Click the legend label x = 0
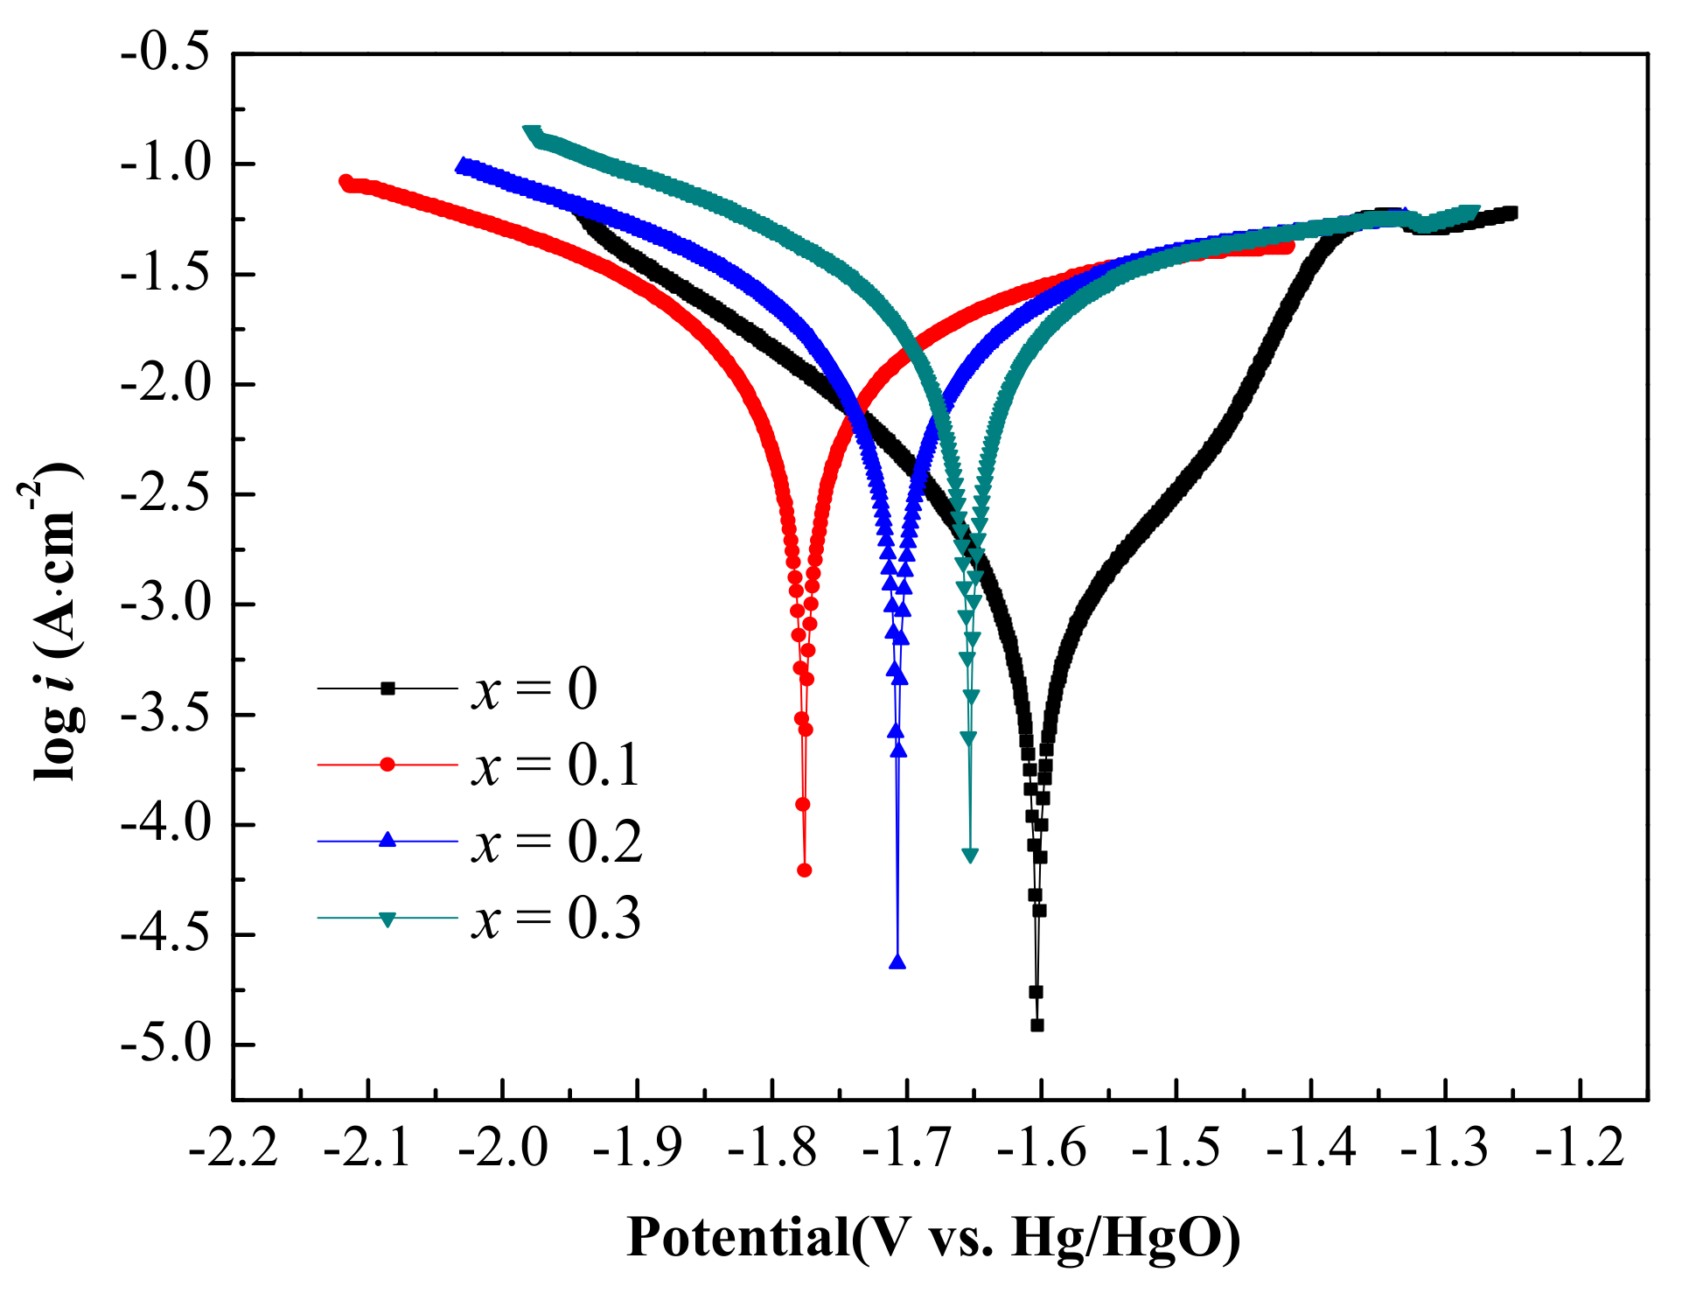pos(534,689)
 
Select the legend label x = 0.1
pos(555,765)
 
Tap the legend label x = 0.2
pos(556,842)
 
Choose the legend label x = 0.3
pos(555,919)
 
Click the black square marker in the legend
pos(387,688)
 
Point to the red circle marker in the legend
pos(387,765)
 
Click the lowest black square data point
pos(1037,1025)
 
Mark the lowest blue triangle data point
pos(897,962)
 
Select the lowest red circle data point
pos(805,870)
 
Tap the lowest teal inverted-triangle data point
pos(970,856)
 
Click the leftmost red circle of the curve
pos(345,181)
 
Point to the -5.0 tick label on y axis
pos(166,1045)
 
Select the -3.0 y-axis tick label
pos(166,605)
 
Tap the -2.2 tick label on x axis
pos(233,1146)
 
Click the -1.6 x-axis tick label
pos(1041,1146)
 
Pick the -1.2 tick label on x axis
pos(1580,1146)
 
